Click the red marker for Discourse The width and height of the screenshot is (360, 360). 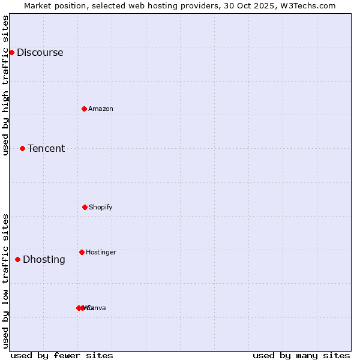click(11, 52)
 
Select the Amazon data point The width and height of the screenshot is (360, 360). click(84, 109)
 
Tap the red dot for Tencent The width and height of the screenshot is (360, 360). click(22, 148)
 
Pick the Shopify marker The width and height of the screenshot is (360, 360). click(85, 207)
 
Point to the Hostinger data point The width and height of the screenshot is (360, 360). click(82, 252)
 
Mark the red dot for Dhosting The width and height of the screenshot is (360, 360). click(17, 259)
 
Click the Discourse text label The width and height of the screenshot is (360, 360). click(40, 52)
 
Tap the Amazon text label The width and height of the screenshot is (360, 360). click(101, 109)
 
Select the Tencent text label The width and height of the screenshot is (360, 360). click(46, 148)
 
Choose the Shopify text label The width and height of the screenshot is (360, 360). click(101, 207)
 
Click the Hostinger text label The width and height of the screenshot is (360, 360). click(101, 252)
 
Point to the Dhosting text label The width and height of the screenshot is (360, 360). click(44, 259)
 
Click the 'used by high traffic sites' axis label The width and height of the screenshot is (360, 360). click(5, 85)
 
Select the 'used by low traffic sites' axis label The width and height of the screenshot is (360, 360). click(5, 281)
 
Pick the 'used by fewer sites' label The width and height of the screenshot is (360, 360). click(62, 355)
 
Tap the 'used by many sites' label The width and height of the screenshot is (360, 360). click(301, 355)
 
